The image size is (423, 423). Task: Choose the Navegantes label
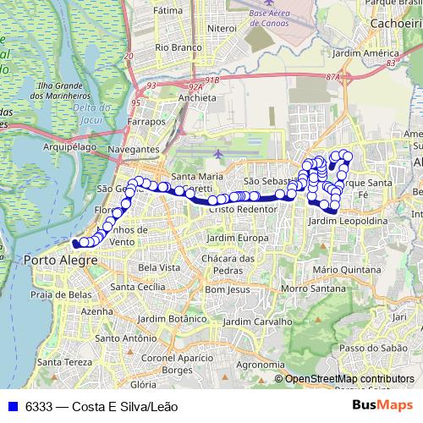coord(134,149)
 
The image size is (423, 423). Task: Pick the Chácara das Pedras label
coord(230,263)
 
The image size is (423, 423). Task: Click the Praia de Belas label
coord(60,294)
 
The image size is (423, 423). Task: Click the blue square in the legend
coord(12,407)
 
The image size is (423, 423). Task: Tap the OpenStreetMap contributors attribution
coord(349,379)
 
